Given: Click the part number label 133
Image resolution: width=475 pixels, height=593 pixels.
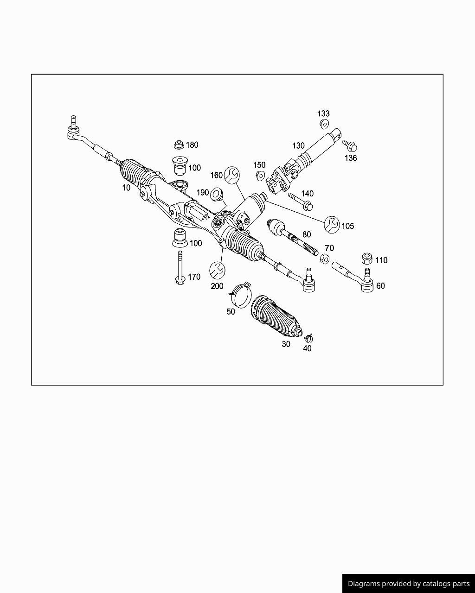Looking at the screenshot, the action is [323, 114].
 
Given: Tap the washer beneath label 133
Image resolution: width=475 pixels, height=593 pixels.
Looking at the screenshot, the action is [325, 124].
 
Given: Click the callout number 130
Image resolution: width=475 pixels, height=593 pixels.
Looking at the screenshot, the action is [298, 145].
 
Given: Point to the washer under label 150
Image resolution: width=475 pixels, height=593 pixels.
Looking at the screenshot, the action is [260, 176].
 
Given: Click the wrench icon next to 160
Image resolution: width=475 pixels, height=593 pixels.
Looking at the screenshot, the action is [231, 175].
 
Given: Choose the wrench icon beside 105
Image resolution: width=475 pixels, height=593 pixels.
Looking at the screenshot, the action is [332, 225].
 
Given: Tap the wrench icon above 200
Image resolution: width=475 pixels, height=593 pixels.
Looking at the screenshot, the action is [217, 270].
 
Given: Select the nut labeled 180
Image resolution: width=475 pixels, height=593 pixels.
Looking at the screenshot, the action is [179, 145].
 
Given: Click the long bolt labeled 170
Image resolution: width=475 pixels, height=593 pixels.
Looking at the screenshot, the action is [180, 268].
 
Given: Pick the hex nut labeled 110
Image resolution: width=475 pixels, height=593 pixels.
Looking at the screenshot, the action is [367, 259].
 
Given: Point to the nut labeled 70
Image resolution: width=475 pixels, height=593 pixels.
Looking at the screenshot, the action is [325, 259].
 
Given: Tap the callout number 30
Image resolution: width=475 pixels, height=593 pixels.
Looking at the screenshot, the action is [286, 344].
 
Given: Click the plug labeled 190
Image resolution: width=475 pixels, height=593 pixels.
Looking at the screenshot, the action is [217, 195].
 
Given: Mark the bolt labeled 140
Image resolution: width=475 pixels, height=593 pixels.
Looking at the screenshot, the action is [301, 202].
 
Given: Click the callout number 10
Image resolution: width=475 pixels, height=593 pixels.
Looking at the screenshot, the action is [126, 188].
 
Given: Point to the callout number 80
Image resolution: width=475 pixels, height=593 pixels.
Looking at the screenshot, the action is [307, 234].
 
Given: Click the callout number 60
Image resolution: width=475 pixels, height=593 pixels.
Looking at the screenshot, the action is [380, 286].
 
